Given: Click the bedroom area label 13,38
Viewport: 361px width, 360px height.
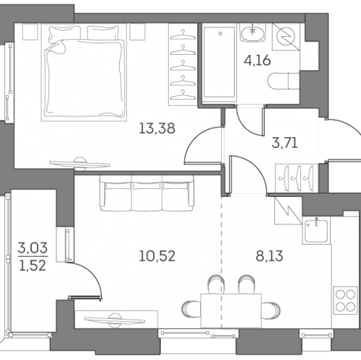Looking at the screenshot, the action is pos(157,128).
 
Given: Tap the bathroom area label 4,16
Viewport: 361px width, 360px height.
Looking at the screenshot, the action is pos(257,61).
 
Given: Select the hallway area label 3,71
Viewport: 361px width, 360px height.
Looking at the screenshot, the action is pos(284,143).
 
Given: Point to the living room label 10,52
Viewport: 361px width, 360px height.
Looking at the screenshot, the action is pos(157,256).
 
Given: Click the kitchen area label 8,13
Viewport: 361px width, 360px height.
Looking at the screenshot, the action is pos(269,256).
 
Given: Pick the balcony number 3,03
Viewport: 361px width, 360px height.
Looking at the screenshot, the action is pos(32,247).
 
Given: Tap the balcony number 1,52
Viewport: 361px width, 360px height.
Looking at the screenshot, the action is pos(32,265).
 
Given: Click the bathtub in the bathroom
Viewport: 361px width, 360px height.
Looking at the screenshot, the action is pos(219,63).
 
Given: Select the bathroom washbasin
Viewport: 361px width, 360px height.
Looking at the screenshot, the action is pos(252,34).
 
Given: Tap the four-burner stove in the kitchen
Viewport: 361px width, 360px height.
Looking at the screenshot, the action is pos(346,300).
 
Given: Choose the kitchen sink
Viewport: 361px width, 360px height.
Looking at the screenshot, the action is pos(316,230).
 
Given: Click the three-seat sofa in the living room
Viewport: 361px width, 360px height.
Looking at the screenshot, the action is pos(147,193).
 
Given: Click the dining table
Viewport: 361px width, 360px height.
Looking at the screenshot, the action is pos(231,310).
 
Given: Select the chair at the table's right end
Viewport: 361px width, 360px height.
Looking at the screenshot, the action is pos(271,310).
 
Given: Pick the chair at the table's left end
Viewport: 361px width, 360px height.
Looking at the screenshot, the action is pos(191,310).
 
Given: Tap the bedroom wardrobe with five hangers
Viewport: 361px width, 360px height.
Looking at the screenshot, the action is pos(183,64).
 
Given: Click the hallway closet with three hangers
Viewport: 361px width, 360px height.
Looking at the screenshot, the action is pos(297,178).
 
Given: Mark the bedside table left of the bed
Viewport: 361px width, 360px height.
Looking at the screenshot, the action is pos(30,32).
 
